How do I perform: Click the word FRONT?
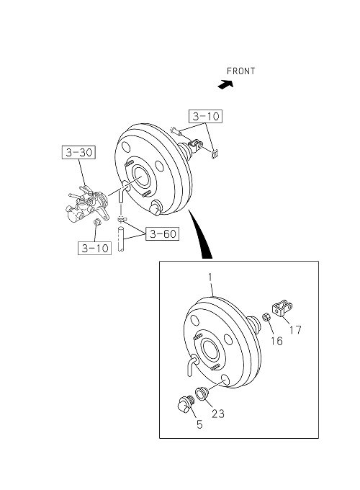point(240,71)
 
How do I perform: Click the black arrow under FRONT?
point(225,84)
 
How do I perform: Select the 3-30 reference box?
point(78,153)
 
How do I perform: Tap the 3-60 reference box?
point(162,233)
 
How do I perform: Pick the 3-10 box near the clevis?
point(205,116)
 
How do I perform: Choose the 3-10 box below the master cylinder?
point(94,248)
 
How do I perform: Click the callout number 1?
point(210,277)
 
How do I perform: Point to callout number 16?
point(276,341)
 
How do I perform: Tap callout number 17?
point(295,330)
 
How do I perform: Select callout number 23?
point(218,414)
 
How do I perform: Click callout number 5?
point(199,424)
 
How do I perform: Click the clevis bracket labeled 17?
point(282,308)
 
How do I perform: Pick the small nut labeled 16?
point(266,316)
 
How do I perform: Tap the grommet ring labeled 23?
point(200,393)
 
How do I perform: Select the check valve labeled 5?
point(185,404)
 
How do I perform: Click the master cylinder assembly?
point(87,205)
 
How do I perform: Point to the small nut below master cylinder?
point(97,222)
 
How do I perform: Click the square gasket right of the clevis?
point(214,154)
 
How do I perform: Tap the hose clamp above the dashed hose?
point(121,218)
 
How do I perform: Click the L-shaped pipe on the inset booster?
point(191,365)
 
